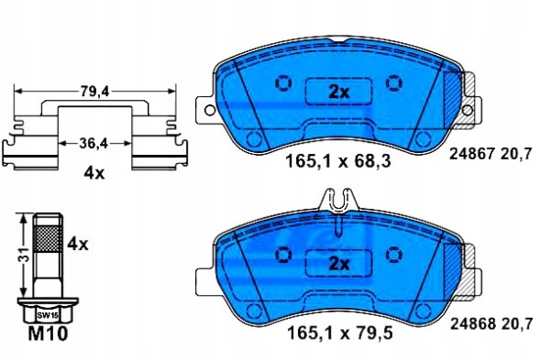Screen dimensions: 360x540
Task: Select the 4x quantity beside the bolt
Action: coord(77,245)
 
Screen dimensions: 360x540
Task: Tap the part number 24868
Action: coord(472,323)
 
